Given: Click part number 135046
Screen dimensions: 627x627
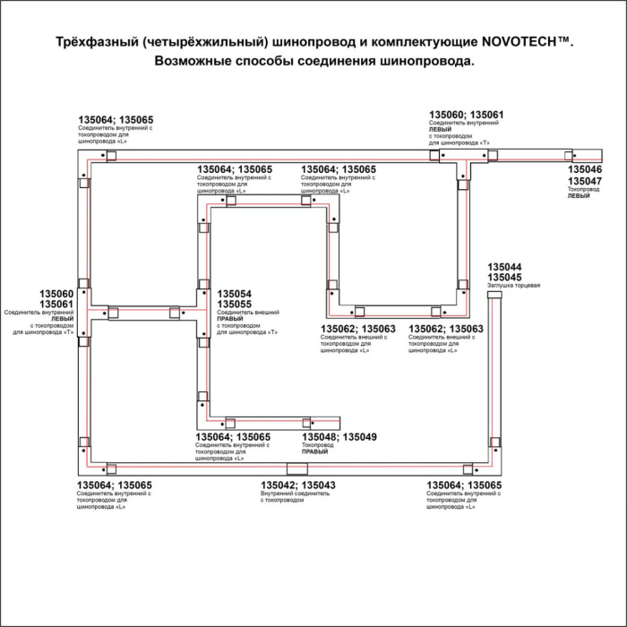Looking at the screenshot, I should click(585, 170).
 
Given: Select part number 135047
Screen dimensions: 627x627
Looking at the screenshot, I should click(585, 181).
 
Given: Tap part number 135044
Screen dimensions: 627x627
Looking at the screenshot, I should click(504, 267).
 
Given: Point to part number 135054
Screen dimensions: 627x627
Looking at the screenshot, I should click(235, 294).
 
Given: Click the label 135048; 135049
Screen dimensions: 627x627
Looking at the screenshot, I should click(339, 436).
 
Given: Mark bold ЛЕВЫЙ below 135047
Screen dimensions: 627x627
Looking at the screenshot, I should click(579, 195).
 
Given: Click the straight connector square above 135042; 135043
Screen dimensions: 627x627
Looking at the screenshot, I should click(295, 470).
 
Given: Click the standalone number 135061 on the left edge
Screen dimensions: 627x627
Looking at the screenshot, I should click(56, 304).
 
